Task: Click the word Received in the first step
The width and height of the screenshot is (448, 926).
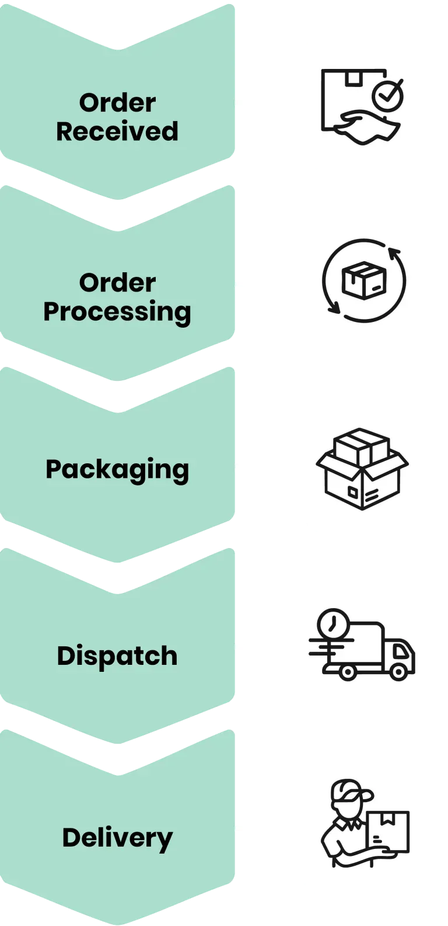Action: pos(117,131)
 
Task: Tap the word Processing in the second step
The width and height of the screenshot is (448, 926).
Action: pos(117,312)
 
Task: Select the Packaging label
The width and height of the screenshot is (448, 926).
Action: pos(117,470)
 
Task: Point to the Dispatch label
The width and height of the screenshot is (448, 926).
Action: pos(117,656)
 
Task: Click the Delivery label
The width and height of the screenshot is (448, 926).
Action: pos(117,838)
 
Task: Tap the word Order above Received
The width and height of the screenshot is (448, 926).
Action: pos(117,103)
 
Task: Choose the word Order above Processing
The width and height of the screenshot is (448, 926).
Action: pos(117,283)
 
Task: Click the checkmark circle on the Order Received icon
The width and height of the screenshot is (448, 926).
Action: pos(387,95)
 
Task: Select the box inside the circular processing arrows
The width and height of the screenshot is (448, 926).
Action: pos(364,280)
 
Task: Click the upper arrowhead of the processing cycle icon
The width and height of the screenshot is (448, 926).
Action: pos(395,254)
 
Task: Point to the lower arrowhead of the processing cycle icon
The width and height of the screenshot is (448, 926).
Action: pos(333,306)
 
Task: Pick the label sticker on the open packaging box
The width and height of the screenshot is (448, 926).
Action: pos(353,491)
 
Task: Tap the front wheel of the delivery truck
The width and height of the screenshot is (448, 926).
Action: pos(398,672)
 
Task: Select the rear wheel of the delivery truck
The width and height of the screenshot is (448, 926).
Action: pos(347,672)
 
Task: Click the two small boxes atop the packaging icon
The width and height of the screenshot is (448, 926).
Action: pos(362,447)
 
